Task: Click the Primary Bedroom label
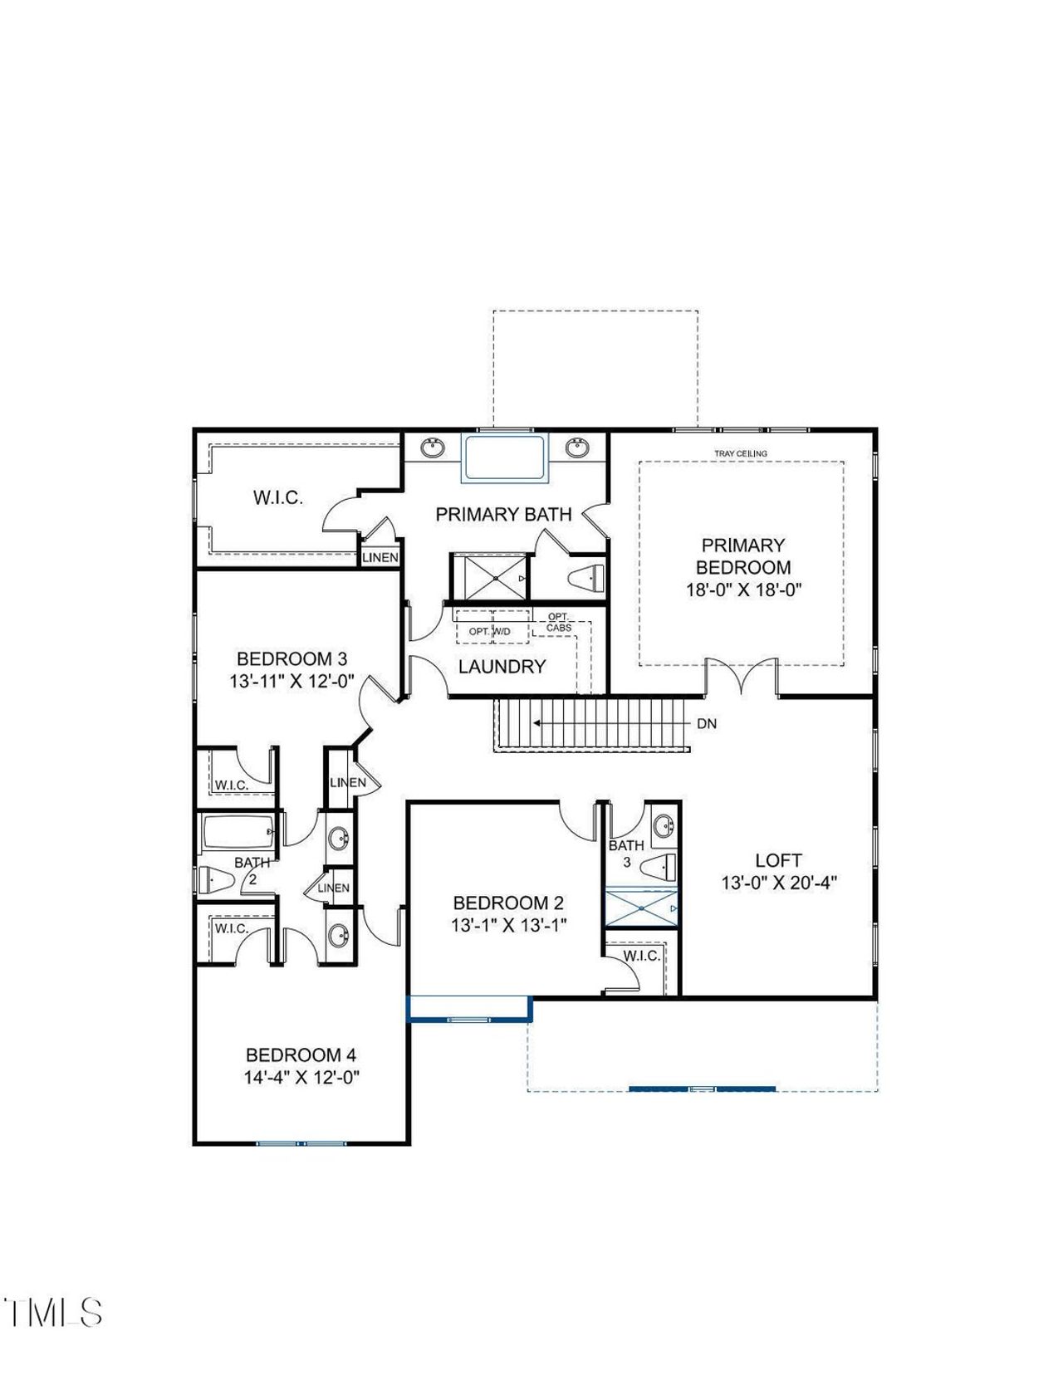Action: [x=742, y=556]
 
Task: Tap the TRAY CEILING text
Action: [x=741, y=453]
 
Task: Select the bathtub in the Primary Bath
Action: [x=505, y=458]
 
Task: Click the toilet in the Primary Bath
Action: [x=588, y=577]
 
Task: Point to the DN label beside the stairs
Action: [x=706, y=724]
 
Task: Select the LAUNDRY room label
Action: [x=502, y=666]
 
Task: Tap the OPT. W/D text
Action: [x=490, y=632]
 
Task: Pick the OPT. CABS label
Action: [x=559, y=623]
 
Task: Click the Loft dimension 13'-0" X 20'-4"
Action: [x=778, y=883]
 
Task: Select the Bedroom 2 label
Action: [x=508, y=903]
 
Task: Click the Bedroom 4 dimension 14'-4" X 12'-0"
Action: [x=301, y=1077]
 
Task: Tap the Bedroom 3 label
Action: [x=291, y=659]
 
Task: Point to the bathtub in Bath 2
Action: [x=237, y=832]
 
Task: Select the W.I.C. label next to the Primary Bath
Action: [x=277, y=498]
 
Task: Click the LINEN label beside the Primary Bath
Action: [x=380, y=557]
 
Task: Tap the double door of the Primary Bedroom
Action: [x=742, y=677]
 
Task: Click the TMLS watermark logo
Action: [x=53, y=1313]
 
